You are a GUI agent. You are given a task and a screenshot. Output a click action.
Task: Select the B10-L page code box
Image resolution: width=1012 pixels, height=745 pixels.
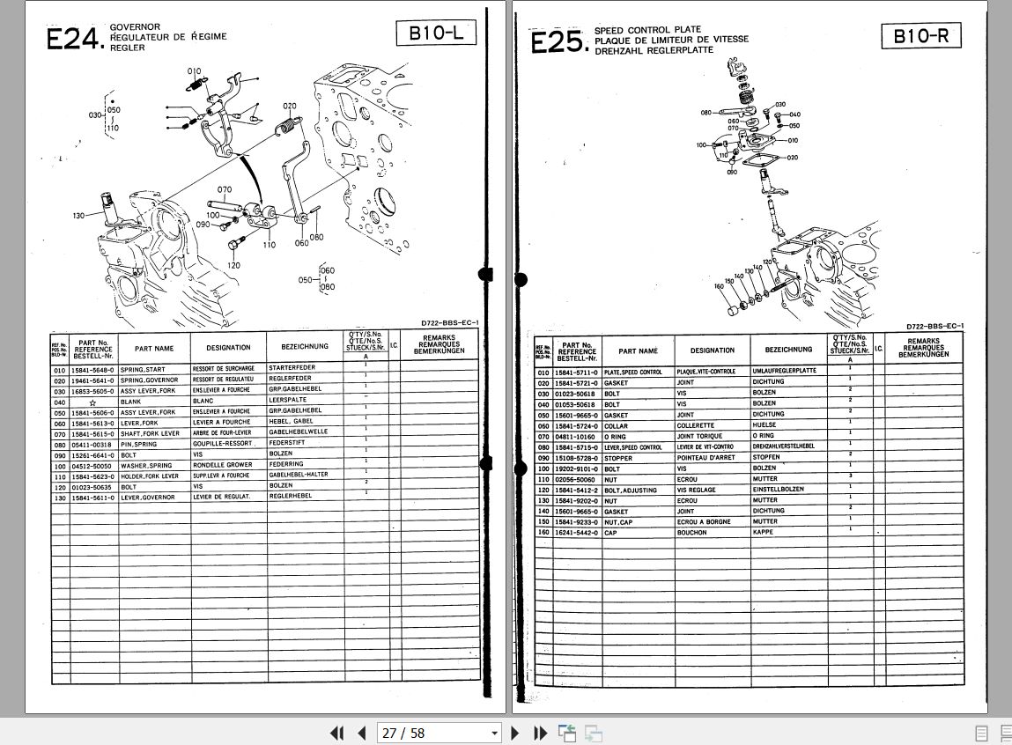click(x=436, y=33)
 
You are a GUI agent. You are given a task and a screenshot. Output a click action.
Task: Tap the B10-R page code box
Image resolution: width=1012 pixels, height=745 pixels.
click(x=920, y=36)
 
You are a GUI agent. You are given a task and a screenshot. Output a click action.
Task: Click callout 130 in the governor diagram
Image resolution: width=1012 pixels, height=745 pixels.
click(x=79, y=216)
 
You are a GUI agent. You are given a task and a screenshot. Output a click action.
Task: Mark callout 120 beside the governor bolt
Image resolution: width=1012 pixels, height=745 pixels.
click(x=233, y=264)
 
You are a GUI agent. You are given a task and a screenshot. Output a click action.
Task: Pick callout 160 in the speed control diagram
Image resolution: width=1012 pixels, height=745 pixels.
click(x=719, y=286)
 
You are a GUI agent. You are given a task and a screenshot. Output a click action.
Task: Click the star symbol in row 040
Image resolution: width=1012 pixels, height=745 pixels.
click(x=92, y=402)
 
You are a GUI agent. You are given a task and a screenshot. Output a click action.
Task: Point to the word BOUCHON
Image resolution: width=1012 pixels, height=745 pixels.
click(x=691, y=533)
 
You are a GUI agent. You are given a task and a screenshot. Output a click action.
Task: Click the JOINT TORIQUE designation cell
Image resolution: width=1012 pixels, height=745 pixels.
click(x=699, y=435)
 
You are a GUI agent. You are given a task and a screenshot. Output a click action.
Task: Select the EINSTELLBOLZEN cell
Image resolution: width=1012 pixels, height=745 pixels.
click(x=779, y=490)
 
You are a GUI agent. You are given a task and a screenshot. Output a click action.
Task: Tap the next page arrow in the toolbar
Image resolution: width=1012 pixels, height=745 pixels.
click(x=516, y=733)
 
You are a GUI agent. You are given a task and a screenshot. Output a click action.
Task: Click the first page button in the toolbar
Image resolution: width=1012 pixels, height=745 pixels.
click(x=336, y=733)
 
